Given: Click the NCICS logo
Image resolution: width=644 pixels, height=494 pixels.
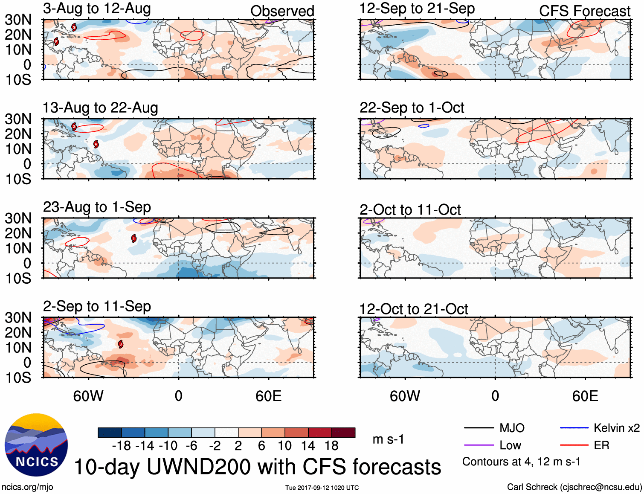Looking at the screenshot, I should click(x=36, y=445).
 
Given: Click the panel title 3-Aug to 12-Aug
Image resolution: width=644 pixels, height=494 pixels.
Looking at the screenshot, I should click(x=97, y=9).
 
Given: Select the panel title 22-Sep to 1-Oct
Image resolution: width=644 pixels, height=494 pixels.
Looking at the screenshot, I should click(x=412, y=108).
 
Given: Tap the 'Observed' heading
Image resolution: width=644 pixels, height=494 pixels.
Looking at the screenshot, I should click(x=282, y=11).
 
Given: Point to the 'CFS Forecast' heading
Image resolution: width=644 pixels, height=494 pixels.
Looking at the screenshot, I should click(x=584, y=11).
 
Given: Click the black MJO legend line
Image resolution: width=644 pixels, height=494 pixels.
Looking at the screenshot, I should click(x=479, y=428).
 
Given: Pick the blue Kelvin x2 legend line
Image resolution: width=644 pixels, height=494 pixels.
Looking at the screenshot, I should click(x=574, y=428).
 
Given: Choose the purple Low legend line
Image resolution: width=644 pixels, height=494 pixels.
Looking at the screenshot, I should click(x=479, y=445).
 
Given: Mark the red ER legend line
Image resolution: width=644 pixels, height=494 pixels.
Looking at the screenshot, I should click(x=574, y=445).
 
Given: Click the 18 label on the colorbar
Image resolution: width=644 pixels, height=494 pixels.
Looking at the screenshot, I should click(x=331, y=446).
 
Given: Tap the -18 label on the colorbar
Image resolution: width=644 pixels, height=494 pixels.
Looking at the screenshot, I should click(x=122, y=446).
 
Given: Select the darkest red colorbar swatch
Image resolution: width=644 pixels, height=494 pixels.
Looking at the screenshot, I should click(x=343, y=433).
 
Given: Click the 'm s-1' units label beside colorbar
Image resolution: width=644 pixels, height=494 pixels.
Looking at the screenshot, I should click(x=388, y=439).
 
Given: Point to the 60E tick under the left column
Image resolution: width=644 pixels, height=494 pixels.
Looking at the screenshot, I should click(x=269, y=396).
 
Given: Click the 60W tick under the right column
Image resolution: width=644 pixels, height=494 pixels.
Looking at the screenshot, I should click(x=405, y=396).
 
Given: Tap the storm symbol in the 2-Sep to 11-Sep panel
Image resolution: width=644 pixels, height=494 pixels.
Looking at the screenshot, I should click(x=121, y=344).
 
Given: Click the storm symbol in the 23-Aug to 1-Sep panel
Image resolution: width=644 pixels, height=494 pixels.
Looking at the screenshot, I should click(x=134, y=238).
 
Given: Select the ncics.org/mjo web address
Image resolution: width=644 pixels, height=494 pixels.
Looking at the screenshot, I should click(x=27, y=487).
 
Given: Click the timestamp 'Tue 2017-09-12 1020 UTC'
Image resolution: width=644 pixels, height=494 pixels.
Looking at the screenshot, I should click(x=322, y=488).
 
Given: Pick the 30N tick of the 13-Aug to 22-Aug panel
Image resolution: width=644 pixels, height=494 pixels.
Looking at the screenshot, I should click(x=18, y=119).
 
